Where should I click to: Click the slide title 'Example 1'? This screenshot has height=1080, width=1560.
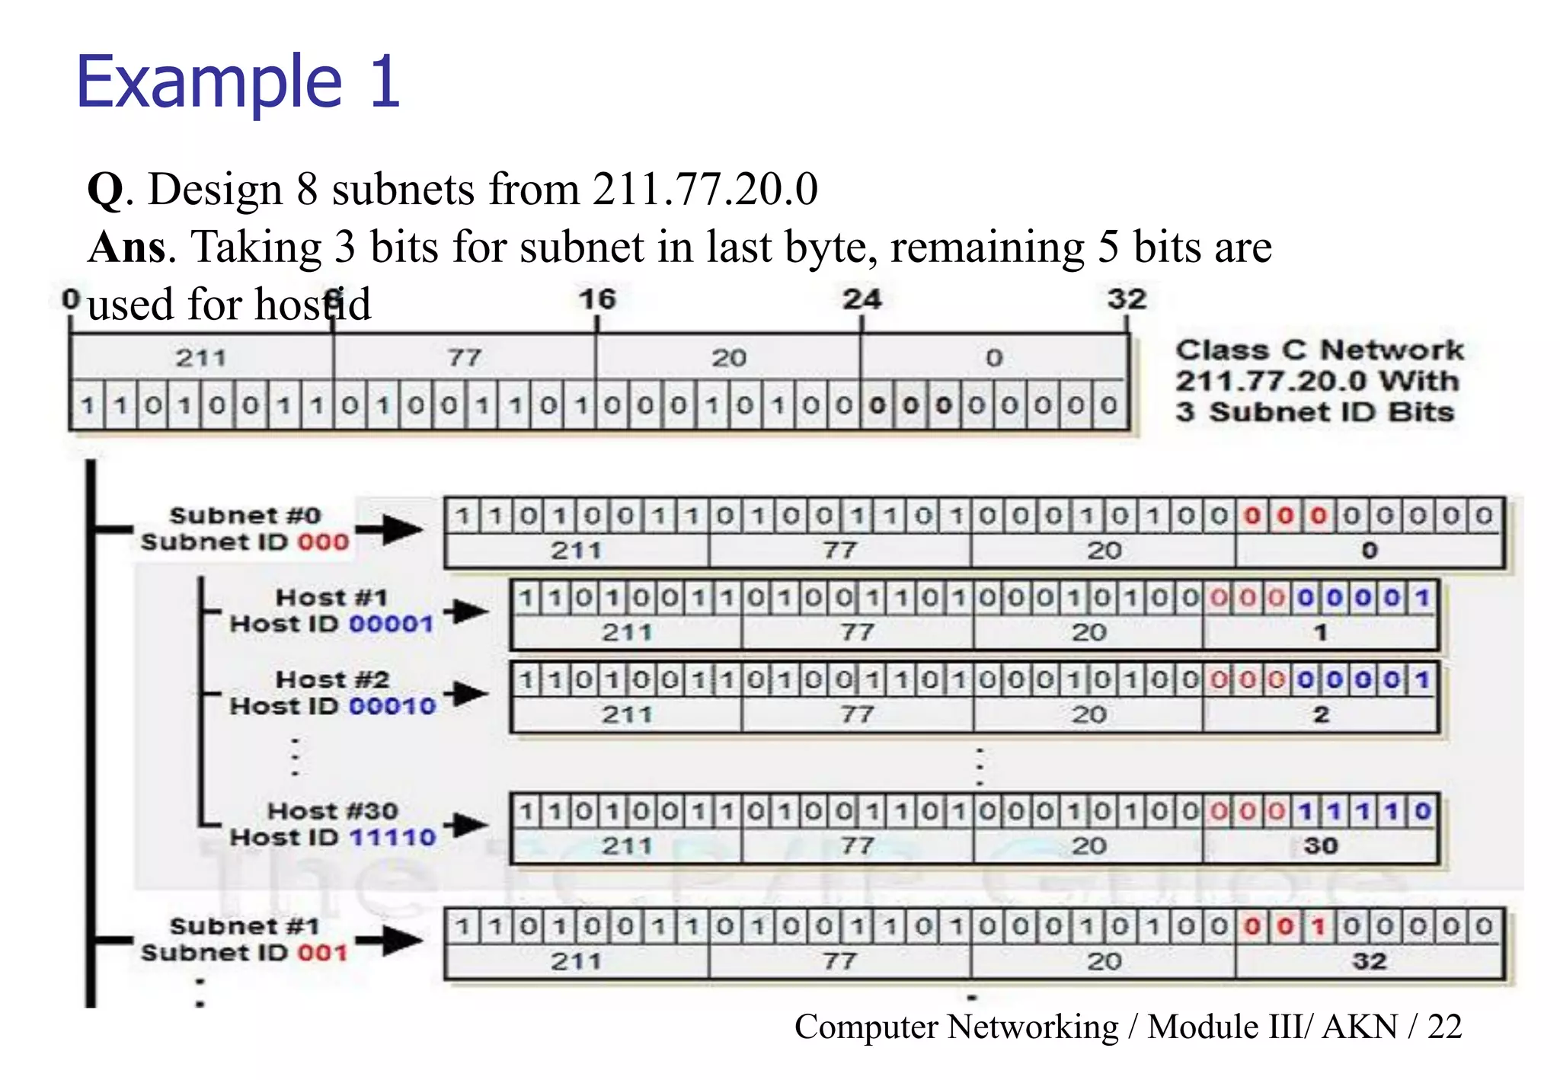238,82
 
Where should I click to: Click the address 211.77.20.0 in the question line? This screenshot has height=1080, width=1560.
705,189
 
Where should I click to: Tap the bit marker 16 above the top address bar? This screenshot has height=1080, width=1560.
596,299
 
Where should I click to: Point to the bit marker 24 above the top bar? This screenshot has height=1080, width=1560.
862,299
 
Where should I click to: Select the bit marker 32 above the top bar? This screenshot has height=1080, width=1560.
1127,299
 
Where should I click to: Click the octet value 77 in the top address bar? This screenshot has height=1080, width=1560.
464,357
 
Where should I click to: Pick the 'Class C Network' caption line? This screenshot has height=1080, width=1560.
1319,350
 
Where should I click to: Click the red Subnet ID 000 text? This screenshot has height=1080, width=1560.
323,542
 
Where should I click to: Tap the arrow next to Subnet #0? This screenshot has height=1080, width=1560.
390,529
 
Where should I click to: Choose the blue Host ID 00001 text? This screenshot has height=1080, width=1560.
392,624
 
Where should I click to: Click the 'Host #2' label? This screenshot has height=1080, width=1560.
332,679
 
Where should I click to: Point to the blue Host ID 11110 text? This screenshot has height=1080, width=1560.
393,838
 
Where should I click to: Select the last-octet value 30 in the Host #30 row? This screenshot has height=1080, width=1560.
1320,845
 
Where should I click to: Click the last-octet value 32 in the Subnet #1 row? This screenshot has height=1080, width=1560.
1369,961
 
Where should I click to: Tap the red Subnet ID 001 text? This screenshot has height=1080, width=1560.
323,953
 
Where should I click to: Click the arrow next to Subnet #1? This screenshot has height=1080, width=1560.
390,940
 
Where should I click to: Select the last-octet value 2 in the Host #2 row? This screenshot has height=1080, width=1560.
1321,714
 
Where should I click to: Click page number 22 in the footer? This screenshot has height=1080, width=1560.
1444,1027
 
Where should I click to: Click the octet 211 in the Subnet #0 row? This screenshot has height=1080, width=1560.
576,551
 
